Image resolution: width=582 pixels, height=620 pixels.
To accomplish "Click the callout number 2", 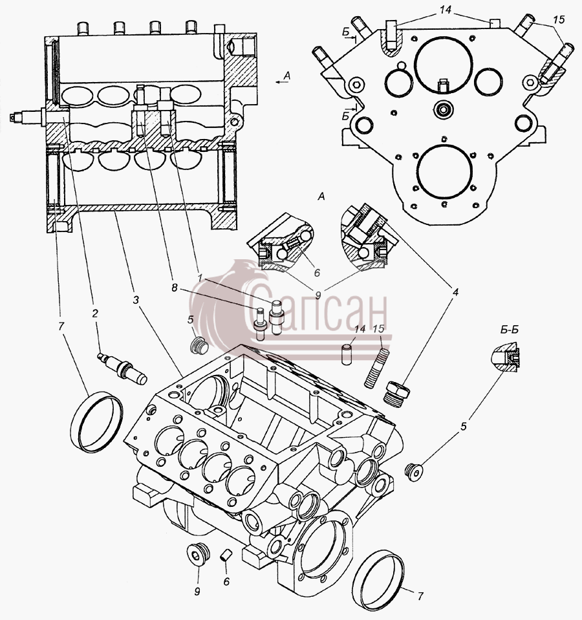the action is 94,313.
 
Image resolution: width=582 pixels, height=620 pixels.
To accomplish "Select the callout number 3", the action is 136,300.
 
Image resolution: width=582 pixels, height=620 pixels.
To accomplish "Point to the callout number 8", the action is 175,288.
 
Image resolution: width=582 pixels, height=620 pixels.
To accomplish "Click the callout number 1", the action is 200,277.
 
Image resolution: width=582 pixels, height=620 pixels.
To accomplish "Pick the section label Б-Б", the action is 510,330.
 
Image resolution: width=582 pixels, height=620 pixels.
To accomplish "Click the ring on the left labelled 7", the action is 97,422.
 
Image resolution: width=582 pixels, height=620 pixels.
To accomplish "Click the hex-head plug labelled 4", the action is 397,394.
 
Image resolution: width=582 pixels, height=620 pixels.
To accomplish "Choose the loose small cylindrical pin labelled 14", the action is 347,353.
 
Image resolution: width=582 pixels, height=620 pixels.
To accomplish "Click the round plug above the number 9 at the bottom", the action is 197,554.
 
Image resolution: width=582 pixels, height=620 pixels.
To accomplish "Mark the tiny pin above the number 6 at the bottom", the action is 226,555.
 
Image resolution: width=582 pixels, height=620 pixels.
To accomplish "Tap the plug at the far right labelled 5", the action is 415,471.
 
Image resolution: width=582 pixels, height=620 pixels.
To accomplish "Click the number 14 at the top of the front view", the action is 445,10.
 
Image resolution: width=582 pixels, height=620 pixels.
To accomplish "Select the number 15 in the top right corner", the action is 559,19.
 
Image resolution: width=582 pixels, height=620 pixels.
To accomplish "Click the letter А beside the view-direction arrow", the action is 287,76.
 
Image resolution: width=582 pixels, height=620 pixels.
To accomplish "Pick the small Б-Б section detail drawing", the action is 506,358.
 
